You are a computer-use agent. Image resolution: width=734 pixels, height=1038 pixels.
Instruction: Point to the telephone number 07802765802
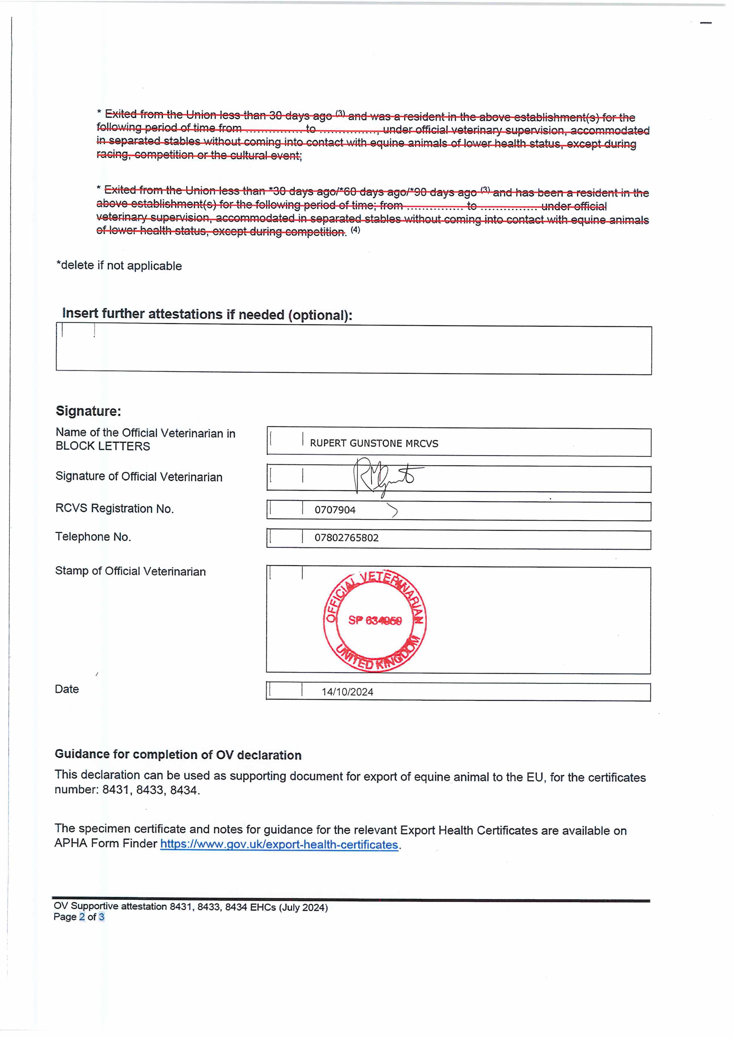tap(346, 538)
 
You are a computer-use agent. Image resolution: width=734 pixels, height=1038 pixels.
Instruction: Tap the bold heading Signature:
tap(88, 411)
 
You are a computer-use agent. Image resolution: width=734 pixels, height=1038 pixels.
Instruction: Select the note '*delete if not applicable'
tap(119, 265)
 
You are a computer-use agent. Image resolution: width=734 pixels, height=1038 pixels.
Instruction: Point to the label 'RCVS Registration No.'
tap(114, 509)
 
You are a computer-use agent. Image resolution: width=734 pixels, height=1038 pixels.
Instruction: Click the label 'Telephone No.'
tap(93, 537)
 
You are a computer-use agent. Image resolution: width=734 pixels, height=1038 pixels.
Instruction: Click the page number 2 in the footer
tap(82, 917)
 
